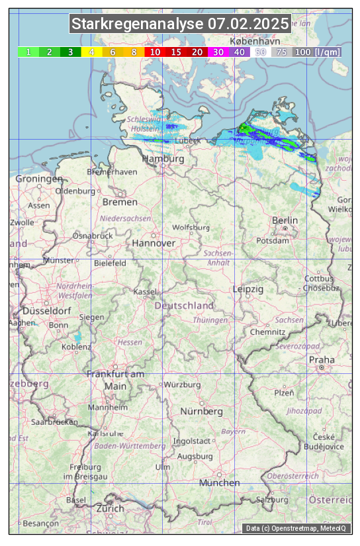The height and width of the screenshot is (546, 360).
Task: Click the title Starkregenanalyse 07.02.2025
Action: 180,24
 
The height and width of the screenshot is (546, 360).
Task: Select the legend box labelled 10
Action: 155,52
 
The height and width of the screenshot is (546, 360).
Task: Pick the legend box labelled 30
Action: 218,52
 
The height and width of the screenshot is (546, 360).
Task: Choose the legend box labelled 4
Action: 92,52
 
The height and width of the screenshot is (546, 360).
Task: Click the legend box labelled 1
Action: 28,52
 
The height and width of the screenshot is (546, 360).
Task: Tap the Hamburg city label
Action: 163,159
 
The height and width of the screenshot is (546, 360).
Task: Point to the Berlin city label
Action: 285,220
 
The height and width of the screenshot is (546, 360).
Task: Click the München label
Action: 220,483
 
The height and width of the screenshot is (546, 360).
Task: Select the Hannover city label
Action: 154,243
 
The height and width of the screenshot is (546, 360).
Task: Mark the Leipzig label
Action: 248,289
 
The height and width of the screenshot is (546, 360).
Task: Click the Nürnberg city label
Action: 202,411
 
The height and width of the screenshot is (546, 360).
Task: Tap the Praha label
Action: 322,359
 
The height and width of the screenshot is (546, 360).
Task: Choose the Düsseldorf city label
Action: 47,310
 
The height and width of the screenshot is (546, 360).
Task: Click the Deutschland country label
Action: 184,306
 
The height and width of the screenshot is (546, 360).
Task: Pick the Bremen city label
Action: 120,202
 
